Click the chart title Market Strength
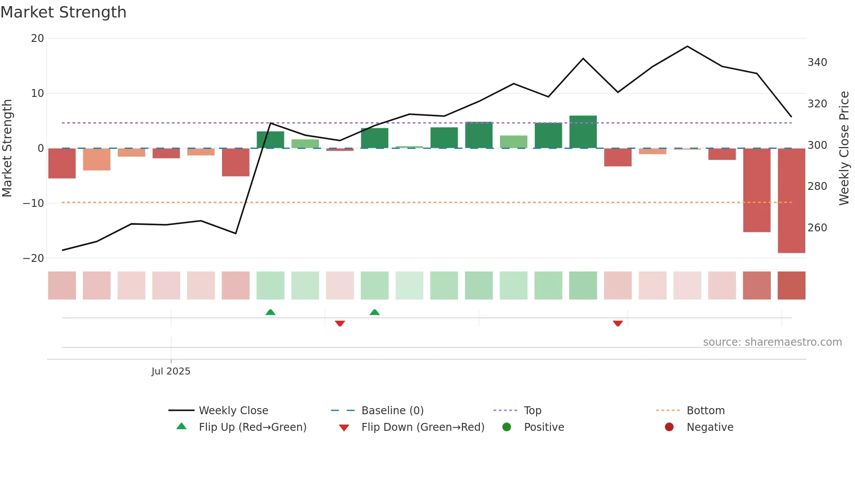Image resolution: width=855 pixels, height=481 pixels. pyautogui.click(x=63, y=12)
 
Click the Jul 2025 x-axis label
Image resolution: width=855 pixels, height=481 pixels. pyautogui.click(x=171, y=371)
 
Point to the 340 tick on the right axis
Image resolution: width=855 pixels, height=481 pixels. pyautogui.click(x=817, y=62)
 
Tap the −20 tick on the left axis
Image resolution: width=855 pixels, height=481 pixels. pyautogui.click(x=33, y=258)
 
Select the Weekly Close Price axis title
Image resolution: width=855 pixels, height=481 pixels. pyautogui.click(x=844, y=148)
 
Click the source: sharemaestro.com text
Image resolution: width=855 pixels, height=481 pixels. pyautogui.click(x=772, y=342)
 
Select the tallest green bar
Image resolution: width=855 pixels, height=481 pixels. pyautogui.click(x=583, y=132)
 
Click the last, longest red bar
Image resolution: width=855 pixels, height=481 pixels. pyautogui.click(x=791, y=200)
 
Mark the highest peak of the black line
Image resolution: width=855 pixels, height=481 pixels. pyautogui.click(x=687, y=46)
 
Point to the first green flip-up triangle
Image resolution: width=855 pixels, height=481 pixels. pyautogui.click(x=270, y=312)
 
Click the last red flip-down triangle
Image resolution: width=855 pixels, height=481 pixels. pyautogui.click(x=617, y=323)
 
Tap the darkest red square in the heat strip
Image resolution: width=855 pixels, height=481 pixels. pyautogui.click(x=791, y=285)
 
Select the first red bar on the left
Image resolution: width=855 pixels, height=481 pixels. pyautogui.click(x=62, y=163)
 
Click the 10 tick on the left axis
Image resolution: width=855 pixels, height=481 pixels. pyautogui.click(x=37, y=93)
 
